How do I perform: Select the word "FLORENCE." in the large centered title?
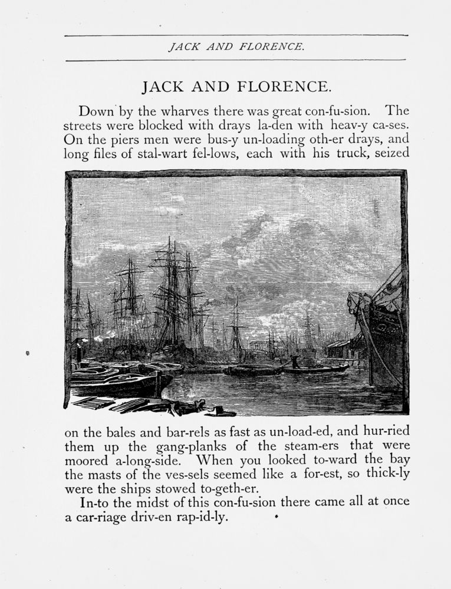282,87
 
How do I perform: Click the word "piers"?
117,140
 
